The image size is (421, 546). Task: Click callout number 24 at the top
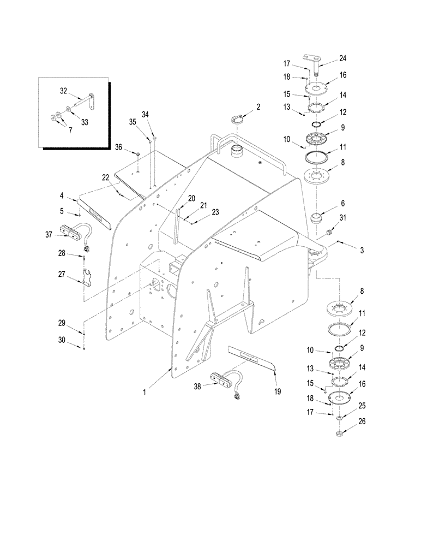tap(342, 58)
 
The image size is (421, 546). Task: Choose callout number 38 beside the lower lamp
tap(197, 387)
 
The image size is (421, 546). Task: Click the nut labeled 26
tap(339, 434)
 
